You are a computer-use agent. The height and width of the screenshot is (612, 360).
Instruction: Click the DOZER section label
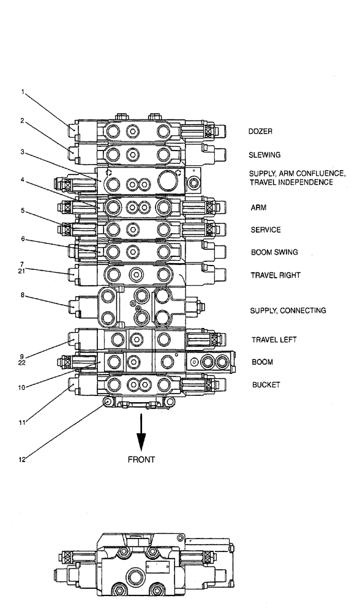(260, 132)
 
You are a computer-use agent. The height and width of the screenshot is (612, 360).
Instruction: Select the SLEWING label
(263, 155)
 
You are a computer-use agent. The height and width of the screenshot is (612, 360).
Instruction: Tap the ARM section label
(258, 207)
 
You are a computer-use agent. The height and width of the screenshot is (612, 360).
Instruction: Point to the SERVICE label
(266, 230)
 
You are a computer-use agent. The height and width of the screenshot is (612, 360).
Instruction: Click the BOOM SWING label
(274, 252)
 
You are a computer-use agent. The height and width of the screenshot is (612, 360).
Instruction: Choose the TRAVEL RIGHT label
(275, 275)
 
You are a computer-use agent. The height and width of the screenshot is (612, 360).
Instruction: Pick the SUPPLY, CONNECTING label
(288, 311)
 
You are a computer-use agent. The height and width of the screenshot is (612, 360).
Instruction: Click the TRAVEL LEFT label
(273, 340)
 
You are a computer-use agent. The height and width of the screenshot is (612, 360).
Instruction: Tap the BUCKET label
(264, 385)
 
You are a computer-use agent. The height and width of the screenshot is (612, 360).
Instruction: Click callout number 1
(23, 92)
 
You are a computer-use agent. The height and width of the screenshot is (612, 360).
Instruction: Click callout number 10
(22, 387)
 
